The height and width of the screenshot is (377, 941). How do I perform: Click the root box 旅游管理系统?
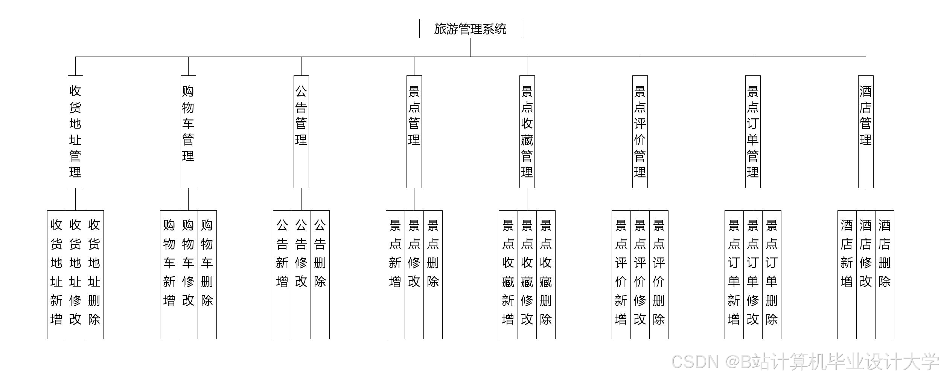coord(470,29)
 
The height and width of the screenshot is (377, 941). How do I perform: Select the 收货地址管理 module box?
coord(75,132)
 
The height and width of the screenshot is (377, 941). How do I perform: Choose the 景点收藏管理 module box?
coord(527,132)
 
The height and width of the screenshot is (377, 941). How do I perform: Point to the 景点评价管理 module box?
coord(640,132)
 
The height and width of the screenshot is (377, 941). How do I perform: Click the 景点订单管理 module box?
coord(753,132)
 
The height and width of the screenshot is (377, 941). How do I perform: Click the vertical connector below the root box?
coord(470,48)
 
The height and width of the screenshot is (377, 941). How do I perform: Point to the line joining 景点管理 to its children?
coord(414,199)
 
